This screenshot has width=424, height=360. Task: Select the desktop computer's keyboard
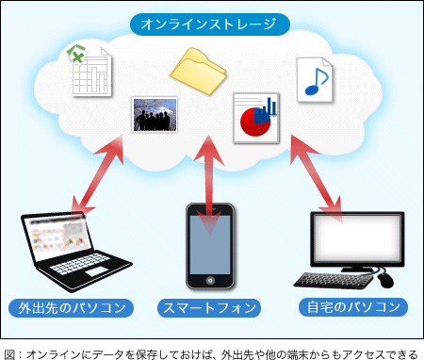pos(334,280)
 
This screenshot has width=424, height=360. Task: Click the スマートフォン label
pos(209,307)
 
